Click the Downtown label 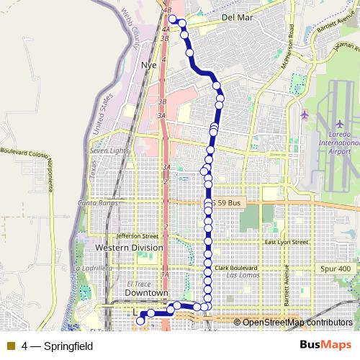146,294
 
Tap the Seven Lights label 109,150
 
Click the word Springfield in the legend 68,346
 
